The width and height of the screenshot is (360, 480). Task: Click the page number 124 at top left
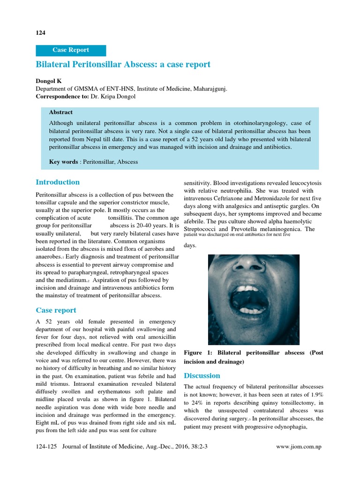(40, 32)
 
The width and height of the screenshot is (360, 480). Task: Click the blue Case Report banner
(71, 50)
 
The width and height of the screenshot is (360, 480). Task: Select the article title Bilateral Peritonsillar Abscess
(123, 64)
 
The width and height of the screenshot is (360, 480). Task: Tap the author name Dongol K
(49, 81)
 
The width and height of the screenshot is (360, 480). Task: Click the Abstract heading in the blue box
(61, 112)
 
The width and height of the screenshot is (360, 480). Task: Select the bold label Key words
(63, 162)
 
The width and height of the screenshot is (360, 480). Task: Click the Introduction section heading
(58, 182)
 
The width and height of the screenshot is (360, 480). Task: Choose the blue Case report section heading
(56, 310)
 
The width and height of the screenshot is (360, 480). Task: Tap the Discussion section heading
(202, 375)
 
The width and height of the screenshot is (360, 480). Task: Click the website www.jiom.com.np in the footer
(300, 447)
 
